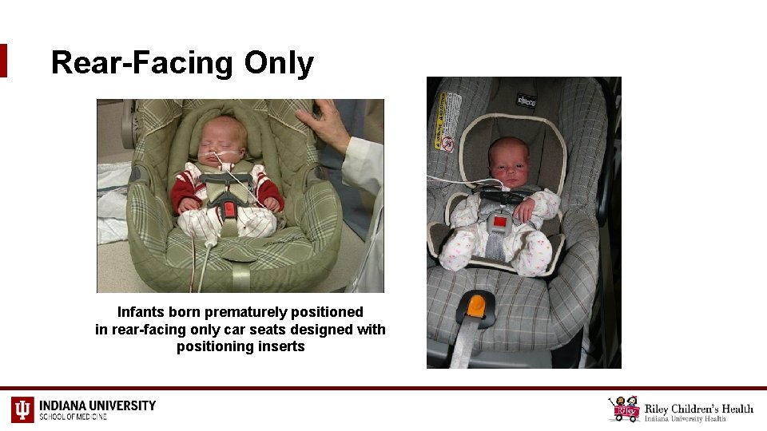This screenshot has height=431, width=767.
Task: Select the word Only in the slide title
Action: [279, 63]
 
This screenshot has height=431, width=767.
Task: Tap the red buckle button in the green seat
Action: [228, 209]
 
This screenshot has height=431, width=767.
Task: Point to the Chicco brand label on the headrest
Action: [526, 101]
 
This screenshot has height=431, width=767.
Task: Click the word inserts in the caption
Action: [280, 346]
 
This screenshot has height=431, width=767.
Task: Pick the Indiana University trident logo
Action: [22, 409]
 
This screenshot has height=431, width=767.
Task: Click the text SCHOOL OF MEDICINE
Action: [73, 417]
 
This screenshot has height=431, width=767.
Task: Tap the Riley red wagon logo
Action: [624, 409]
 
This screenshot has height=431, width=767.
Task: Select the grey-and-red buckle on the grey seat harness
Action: [500, 222]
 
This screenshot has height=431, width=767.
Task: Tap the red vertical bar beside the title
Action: [3, 61]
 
